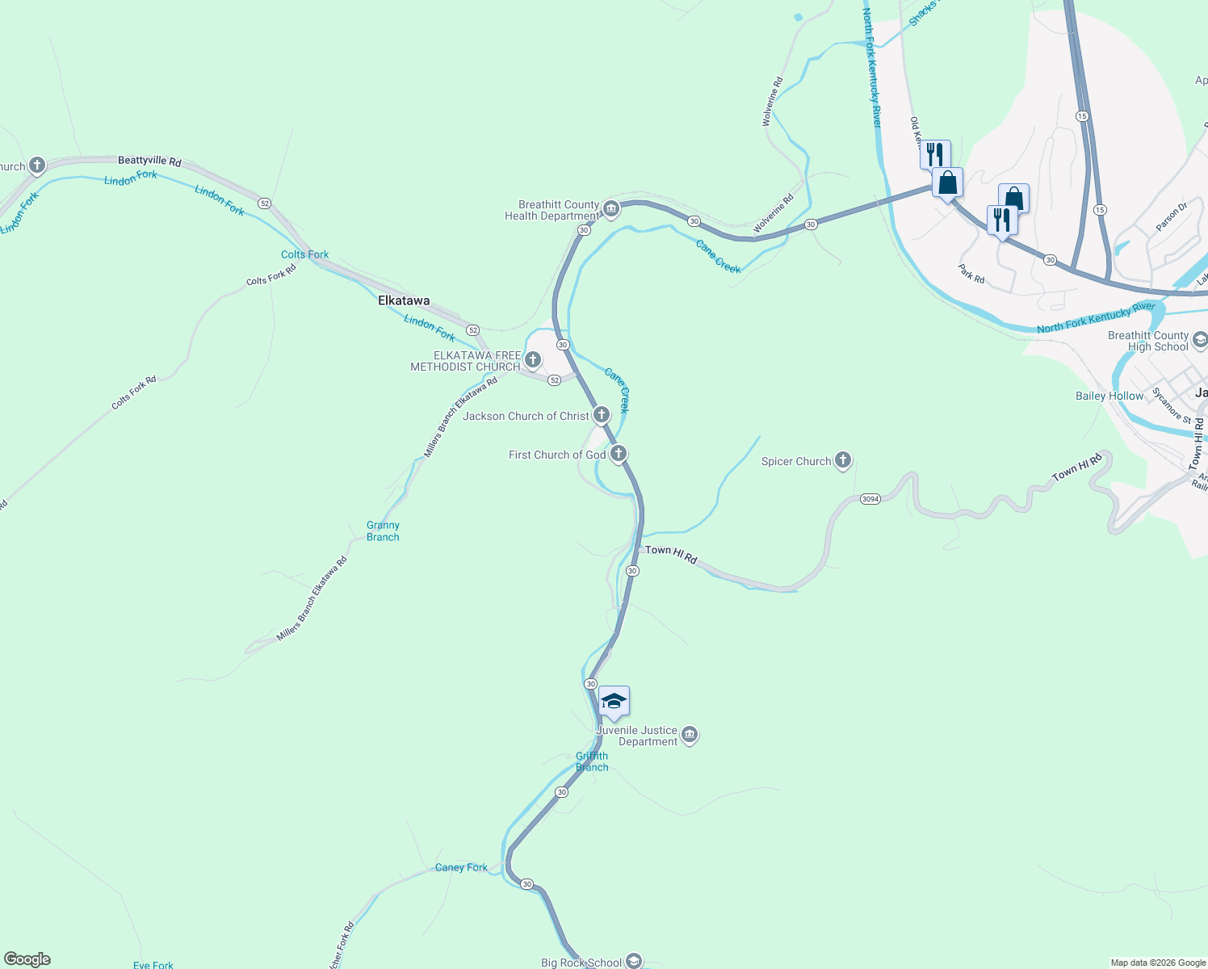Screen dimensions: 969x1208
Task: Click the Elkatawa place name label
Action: [x=404, y=300]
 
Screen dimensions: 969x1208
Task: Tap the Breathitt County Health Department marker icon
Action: [x=611, y=210]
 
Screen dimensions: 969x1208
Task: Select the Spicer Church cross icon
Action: [x=843, y=460]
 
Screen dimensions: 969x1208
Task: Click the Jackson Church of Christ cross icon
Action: [x=602, y=416]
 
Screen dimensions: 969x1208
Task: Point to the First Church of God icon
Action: [x=619, y=454]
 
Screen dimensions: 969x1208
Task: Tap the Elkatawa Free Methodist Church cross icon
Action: [x=533, y=359]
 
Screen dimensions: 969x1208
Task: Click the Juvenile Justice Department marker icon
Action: [x=690, y=735]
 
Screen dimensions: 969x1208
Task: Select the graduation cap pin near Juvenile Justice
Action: [x=614, y=702]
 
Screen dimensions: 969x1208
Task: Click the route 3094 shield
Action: [x=870, y=499]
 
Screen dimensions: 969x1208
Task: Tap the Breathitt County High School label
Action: [x=1147, y=341]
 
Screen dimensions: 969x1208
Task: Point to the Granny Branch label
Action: [x=383, y=531]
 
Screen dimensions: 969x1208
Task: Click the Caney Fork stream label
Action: [x=461, y=867]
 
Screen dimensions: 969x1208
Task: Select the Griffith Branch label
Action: [x=592, y=761]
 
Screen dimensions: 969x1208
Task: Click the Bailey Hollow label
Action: [x=1109, y=396]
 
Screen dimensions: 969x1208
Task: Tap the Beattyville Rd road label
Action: [x=149, y=161]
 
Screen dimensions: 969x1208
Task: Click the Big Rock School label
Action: [x=581, y=963]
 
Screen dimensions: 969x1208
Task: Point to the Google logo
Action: [x=27, y=959]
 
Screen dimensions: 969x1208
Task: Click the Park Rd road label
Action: [x=971, y=273]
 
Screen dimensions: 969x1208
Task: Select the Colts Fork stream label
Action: [x=304, y=254]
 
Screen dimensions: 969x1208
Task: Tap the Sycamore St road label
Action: [x=1172, y=405]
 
